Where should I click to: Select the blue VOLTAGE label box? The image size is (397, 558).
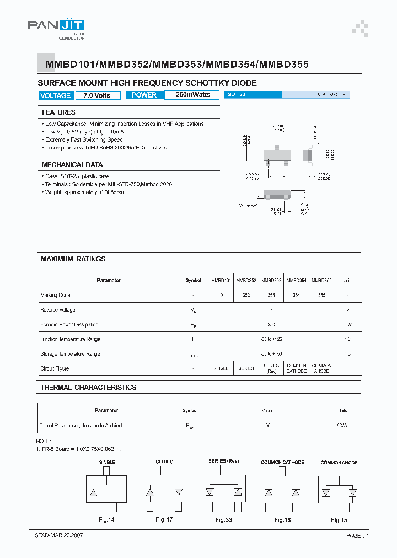[55, 95]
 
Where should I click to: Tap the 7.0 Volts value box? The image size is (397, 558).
[97, 95]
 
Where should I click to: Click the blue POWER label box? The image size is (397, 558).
[144, 95]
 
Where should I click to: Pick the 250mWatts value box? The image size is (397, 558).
[193, 95]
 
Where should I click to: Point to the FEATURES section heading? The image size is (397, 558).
[58, 112]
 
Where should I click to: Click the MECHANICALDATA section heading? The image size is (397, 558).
[72, 165]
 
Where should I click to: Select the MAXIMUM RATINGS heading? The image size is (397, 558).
[73, 259]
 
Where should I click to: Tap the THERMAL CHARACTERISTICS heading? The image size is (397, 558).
[88, 388]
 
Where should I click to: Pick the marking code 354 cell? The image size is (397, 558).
[296, 296]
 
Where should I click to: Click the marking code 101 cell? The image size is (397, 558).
[221, 296]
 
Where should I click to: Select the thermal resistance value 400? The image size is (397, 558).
[267, 426]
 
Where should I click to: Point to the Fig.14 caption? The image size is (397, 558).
[106, 520]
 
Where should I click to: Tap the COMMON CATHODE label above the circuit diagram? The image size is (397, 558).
[282, 462]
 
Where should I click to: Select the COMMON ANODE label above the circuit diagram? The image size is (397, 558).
[339, 462]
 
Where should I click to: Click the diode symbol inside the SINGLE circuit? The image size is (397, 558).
[94, 491]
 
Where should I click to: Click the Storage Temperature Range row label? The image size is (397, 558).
[70, 354]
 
